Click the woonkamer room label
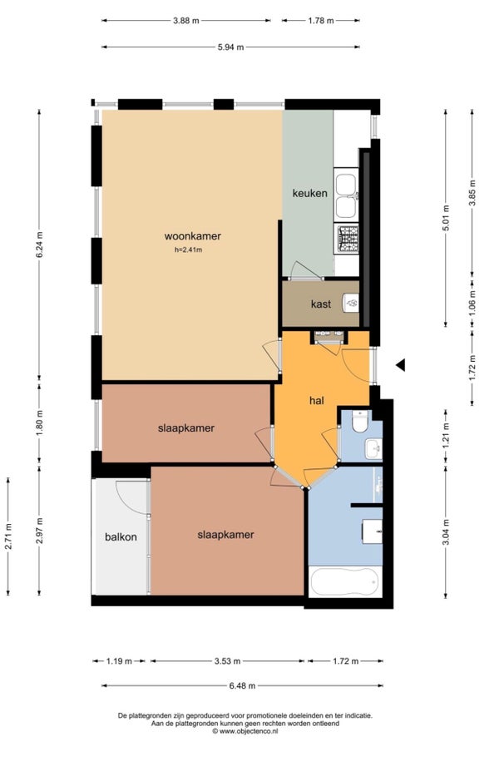point(193,236)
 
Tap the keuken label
point(310,193)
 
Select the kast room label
point(321,304)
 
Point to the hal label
point(317,401)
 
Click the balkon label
point(121,537)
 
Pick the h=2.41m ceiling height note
point(189,250)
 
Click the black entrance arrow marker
point(400,364)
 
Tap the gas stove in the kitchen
point(347,239)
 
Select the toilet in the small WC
point(360,422)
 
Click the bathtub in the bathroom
point(345,581)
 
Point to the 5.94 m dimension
point(230,47)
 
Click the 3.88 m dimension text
point(186,21)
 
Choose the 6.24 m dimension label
point(40,245)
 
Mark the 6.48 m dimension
point(242,686)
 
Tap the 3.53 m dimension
point(227,661)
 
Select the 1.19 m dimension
point(119,661)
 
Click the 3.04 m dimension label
point(445,531)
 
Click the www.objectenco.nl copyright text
point(245,731)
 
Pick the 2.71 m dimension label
point(8,536)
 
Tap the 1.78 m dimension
point(321,21)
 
